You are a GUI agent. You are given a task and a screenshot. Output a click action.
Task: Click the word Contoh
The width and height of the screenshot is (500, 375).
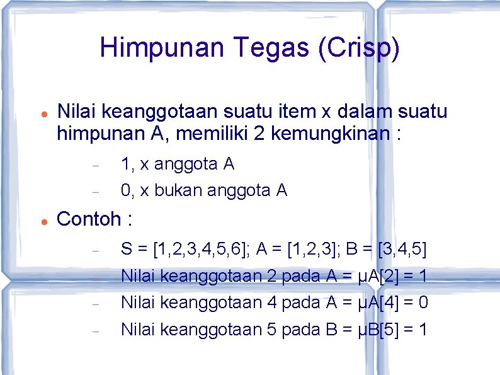(88, 219)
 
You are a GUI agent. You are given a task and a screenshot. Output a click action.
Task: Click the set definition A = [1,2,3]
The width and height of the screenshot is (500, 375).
(304, 250)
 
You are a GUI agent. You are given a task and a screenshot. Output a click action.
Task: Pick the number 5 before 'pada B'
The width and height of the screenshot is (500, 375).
(272, 330)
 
